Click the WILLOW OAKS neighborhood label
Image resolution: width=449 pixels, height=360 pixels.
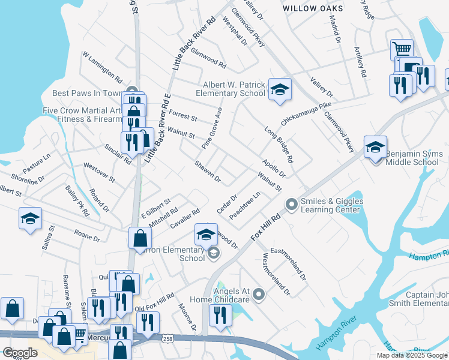313,8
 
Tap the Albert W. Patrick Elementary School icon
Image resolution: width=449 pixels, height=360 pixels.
279,89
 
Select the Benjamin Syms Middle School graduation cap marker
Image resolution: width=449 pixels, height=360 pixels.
375,146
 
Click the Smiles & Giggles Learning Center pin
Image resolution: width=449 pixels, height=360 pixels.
292,205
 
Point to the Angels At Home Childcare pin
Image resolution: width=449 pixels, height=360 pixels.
259,294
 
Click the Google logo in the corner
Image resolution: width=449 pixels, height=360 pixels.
20,353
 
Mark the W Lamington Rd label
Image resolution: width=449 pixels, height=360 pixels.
103,67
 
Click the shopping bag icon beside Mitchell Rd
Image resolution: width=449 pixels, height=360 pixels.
139,238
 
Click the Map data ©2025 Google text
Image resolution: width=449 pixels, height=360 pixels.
412,355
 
